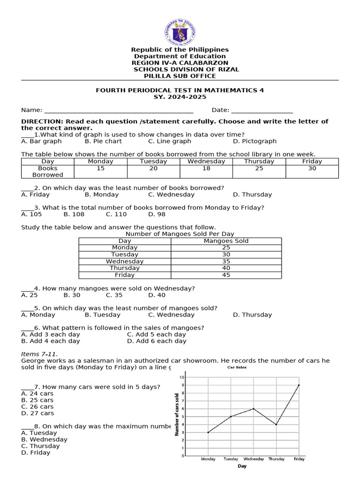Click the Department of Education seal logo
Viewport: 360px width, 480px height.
pyautogui.click(x=180, y=32)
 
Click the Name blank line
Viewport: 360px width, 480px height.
pyautogui.click(x=119, y=111)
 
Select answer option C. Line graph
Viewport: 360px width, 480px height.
pyautogui.click(x=169, y=141)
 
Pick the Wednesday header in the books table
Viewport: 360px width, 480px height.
pyautogui.click(x=206, y=161)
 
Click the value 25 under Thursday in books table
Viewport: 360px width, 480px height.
pyautogui.click(x=259, y=168)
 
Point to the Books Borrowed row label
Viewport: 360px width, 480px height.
pyautogui.click(x=48, y=171)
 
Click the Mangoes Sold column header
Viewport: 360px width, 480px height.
pyautogui.click(x=226, y=241)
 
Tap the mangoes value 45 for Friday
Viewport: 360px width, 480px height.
pyautogui.click(x=226, y=275)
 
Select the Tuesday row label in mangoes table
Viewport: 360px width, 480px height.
pyautogui.click(x=125, y=255)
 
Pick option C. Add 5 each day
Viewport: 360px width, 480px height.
pyautogui.click(x=156, y=335)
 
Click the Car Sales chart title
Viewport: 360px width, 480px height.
pyautogui.click(x=237, y=367)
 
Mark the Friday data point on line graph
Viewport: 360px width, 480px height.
pyautogui.click(x=299, y=385)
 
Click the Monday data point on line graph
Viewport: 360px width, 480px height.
pyautogui.click(x=208, y=432)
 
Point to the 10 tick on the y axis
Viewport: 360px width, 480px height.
pyautogui.click(x=182, y=377)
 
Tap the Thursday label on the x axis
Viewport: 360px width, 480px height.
pyautogui.click(x=276, y=459)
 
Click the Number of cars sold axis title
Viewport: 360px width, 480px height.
pyautogui.click(x=177, y=415)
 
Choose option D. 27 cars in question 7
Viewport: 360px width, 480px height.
pyautogui.click(x=37, y=413)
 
